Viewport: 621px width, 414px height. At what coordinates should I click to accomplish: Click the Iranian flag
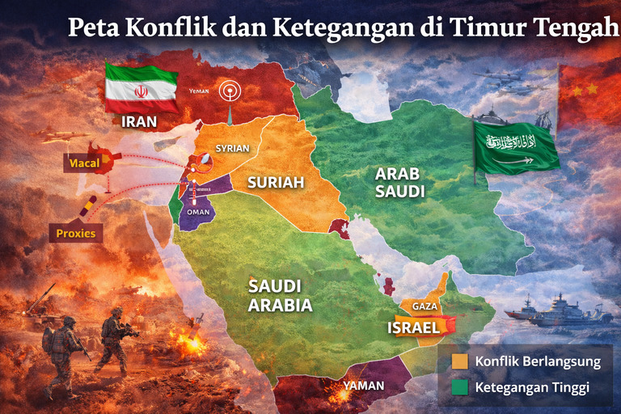[142, 90]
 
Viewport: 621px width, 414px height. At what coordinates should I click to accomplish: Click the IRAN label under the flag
[138, 123]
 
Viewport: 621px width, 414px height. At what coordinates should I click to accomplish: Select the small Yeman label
[199, 91]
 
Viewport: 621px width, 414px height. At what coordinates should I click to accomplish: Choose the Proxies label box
[76, 234]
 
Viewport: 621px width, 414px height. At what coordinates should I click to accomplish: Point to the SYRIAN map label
[232, 149]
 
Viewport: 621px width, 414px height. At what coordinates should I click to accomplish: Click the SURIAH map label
[276, 183]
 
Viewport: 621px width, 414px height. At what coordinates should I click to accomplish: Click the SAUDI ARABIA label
[280, 296]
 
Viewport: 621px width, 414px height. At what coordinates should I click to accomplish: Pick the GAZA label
[425, 306]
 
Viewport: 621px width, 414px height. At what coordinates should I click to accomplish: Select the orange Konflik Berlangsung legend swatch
[462, 361]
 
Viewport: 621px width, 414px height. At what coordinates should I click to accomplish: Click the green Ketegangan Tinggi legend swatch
[462, 387]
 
